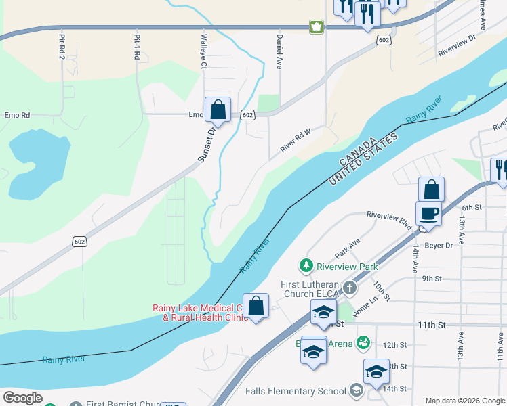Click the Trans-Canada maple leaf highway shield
(x=316, y=27)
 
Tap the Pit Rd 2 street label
(x=62, y=47)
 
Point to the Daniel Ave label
(x=279, y=52)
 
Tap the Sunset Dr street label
(x=206, y=143)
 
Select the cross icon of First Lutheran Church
(x=349, y=288)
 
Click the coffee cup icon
(x=428, y=214)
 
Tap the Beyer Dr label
(x=438, y=245)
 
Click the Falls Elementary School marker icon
(x=357, y=390)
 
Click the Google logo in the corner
(x=22, y=398)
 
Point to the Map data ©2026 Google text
(x=464, y=401)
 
